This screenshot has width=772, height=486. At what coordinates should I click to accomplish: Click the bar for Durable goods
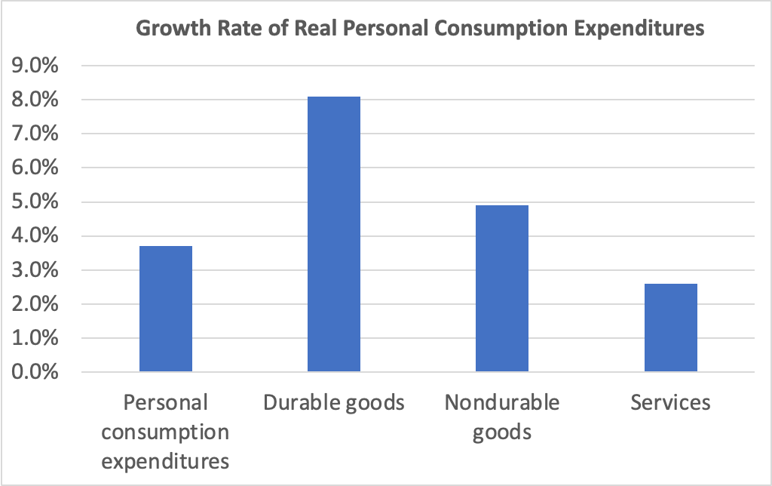click(334, 235)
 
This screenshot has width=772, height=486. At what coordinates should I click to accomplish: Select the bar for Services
click(671, 328)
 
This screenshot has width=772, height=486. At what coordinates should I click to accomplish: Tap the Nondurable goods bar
click(502, 289)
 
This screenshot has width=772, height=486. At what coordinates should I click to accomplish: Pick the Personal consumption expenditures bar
click(165, 309)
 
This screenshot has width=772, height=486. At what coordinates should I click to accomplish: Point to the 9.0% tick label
click(37, 66)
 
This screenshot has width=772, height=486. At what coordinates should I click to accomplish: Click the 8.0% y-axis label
click(37, 100)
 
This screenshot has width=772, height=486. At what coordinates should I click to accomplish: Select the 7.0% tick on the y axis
click(37, 134)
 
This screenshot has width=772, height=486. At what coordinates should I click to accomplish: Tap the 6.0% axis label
click(37, 168)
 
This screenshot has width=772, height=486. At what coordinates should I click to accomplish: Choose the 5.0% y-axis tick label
click(37, 202)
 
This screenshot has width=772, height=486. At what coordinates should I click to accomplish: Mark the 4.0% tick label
click(37, 236)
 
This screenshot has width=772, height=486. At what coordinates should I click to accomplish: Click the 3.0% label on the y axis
click(37, 270)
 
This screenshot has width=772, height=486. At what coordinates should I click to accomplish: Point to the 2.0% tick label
click(37, 304)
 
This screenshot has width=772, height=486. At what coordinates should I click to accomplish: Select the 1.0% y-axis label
click(37, 339)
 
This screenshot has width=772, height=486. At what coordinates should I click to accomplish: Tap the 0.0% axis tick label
click(37, 373)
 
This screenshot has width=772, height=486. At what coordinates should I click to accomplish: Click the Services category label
click(670, 402)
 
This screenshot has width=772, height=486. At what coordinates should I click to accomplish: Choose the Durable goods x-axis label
click(334, 402)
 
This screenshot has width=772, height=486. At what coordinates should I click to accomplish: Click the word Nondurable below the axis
click(502, 402)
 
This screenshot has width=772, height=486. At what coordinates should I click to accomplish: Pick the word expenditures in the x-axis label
click(165, 461)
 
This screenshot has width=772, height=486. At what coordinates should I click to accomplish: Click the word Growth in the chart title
click(167, 29)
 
